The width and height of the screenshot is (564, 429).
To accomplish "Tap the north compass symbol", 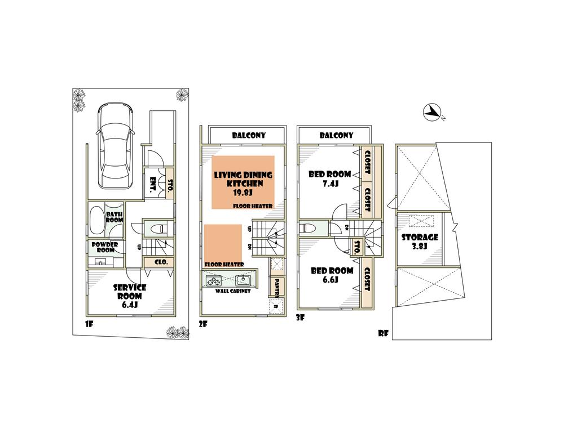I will pos(433,113).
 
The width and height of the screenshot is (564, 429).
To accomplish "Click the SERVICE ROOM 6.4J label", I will pos(130,296).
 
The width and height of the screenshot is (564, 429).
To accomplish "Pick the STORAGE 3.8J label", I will pos(420,242).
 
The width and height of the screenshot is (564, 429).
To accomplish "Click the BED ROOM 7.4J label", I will pos(330,178).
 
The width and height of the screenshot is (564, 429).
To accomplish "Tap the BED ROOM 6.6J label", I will pos(332,275).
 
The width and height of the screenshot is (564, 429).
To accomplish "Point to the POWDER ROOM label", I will pos(104,248).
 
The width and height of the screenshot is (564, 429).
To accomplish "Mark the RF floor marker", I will pos(384,333).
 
